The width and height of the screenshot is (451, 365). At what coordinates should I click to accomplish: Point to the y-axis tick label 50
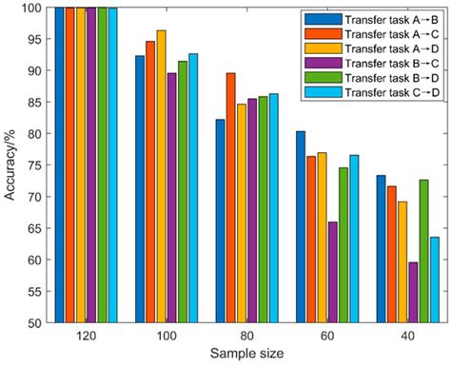click(35, 323)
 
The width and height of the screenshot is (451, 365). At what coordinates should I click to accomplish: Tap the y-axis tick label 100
click(32, 8)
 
